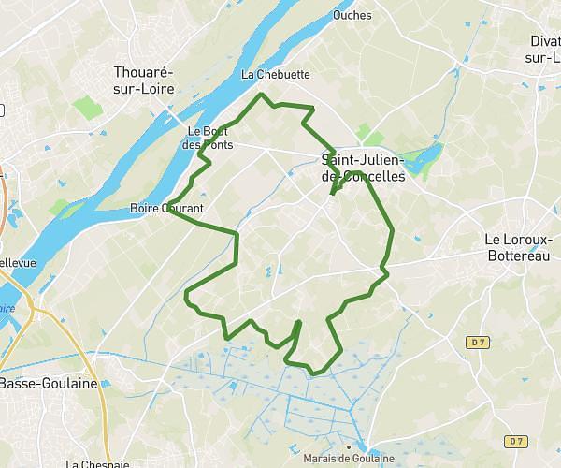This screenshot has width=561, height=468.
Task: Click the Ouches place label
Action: tap(352, 15)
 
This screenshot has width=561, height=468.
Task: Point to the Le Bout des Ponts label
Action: tap(209, 138)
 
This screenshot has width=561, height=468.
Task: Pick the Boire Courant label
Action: tap(168, 208)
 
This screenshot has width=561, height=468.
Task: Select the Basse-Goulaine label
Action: tap(42, 383)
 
